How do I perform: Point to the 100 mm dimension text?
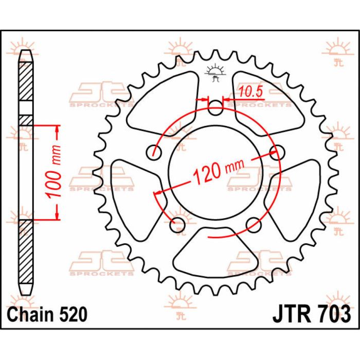click(57, 172)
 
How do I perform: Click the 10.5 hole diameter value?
click(251, 92)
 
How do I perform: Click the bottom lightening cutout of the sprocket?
click(216, 252)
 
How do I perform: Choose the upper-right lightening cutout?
click(267, 98)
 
